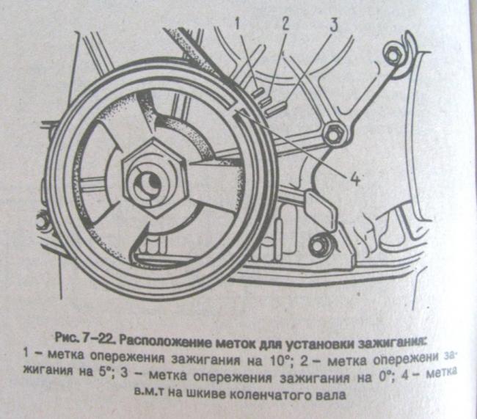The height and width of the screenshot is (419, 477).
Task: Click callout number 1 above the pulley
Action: point(238,24)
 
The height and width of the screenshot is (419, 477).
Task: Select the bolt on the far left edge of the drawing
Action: point(43,221)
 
